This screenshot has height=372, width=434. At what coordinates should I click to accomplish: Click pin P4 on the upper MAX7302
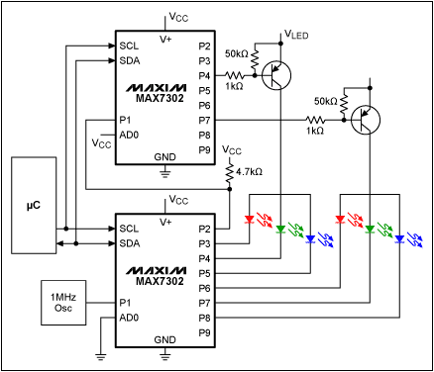point(205,75)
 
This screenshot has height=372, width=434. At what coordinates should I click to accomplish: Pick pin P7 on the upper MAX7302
point(205,120)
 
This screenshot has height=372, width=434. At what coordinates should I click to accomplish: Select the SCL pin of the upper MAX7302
point(129,46)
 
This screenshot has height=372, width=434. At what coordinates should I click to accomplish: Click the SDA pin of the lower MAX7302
point(129,243)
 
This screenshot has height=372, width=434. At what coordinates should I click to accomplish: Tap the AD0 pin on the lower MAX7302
point(129,317)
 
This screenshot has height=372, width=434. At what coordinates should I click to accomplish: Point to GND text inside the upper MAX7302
point(164,156)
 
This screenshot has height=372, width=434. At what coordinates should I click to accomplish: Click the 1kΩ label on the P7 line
point(315,130)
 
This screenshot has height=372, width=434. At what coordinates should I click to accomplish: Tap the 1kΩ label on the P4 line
point(234,86)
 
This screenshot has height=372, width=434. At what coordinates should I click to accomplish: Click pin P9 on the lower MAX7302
point(205,332)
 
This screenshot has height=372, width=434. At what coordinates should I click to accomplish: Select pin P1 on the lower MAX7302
point(129,302)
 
